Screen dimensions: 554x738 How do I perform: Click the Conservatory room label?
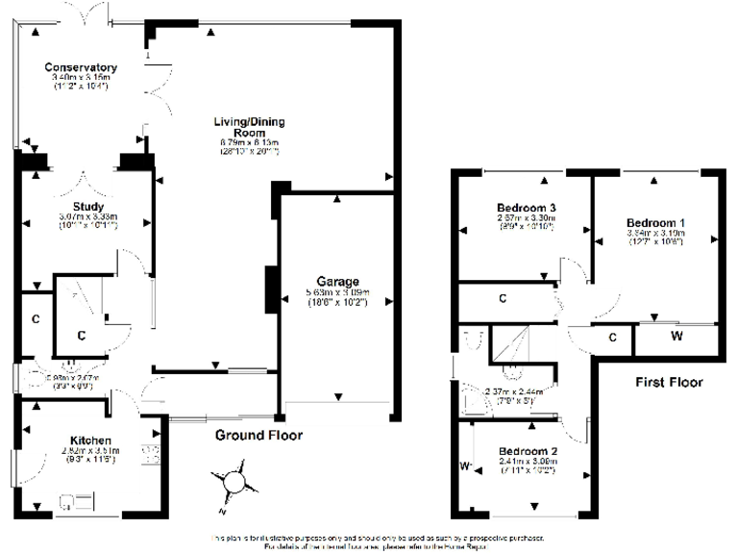point(81,67)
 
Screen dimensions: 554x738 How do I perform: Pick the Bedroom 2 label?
point(529,450)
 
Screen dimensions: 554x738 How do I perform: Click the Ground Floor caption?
point(245,433)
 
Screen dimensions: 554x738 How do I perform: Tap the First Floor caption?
point(670,382)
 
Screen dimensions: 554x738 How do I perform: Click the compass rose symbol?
point(235,482)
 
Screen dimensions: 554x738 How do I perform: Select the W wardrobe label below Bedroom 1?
point(676,338)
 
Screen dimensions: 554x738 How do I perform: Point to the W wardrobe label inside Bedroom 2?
point(464,467)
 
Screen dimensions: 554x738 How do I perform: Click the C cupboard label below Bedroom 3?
point(503,298)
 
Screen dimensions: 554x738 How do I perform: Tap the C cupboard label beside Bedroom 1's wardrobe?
point(613,338)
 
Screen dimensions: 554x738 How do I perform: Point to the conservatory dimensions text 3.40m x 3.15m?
point(81,78)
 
